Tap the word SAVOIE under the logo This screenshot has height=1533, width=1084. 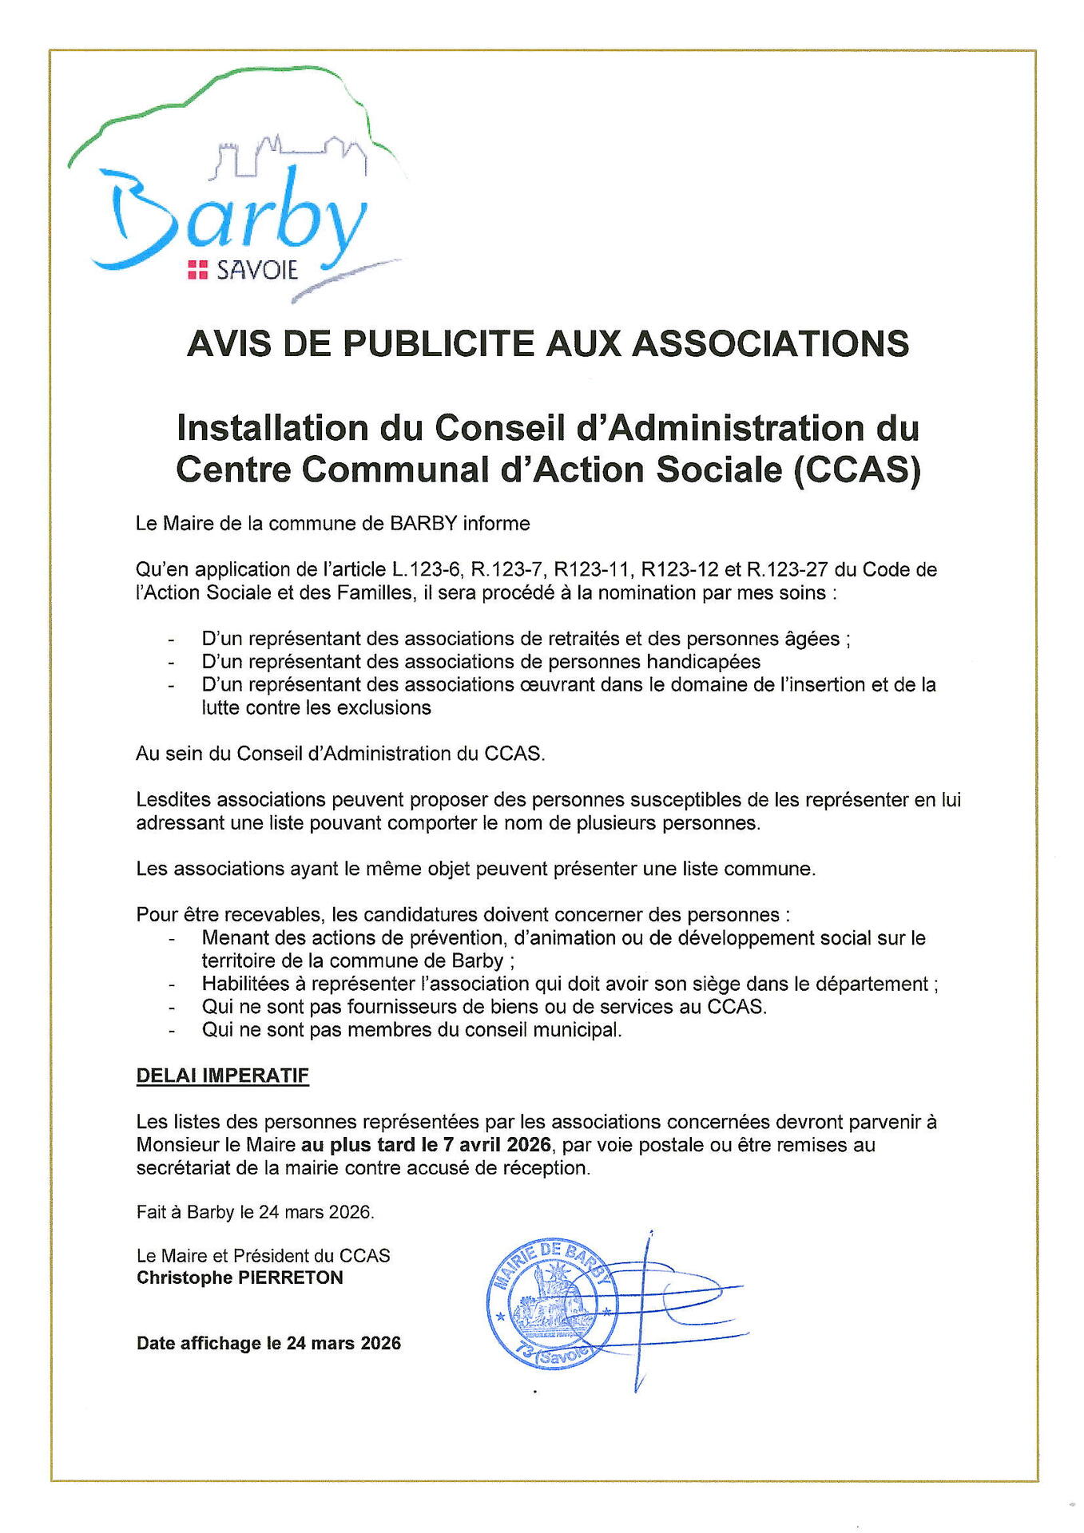(x=257, y=271)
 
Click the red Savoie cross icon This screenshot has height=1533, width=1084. (x=197, y=271)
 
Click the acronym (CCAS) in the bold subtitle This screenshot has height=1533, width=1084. (x=856, y=469)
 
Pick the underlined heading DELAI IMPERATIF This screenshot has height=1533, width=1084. (x=222, y=1075)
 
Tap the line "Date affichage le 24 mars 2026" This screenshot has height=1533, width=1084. (x=268, y=1343)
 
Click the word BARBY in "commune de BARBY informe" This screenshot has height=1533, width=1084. (x=423, y=524)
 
